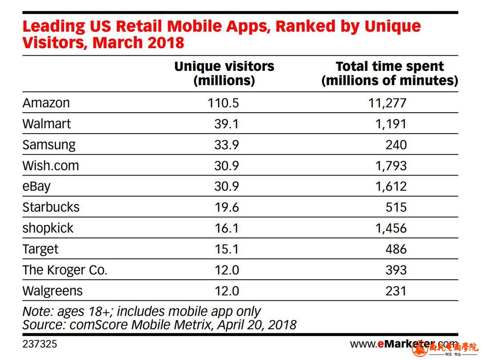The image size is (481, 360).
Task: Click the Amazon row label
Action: point(46,103)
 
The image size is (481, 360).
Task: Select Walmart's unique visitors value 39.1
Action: point(226,124)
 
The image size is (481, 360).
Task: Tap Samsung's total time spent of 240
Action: point(396,145)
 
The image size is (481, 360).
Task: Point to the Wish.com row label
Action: point(51,166)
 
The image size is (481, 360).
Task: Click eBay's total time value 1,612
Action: point(391,186)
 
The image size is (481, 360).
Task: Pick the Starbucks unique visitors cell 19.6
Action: point(226,207)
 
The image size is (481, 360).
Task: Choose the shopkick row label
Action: point(48,228)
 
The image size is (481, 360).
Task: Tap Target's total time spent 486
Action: point(396,249)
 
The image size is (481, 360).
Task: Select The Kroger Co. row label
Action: point(65,270)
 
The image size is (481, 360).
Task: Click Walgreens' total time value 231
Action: point(396,291)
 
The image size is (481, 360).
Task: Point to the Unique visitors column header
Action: point(224,74)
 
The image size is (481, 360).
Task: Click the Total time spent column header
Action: point(390,74)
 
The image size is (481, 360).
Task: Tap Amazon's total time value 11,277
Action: point(387,103)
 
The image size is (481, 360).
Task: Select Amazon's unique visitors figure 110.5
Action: point(223,103)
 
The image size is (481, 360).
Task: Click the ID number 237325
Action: point(40,344)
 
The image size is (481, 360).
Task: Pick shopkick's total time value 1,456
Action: point(391,228)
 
